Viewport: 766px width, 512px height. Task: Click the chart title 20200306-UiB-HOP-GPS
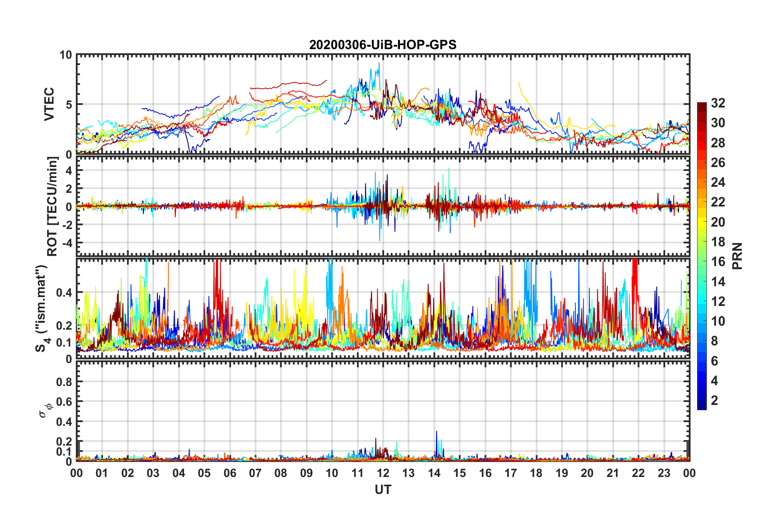tap(383, 45)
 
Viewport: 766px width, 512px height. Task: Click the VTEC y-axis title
tap(49, 104)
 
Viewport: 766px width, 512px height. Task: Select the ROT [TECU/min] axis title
tap(52, 206)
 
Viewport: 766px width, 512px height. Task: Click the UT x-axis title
tap(383, 489)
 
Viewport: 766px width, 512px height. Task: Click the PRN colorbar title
tap(737, 256)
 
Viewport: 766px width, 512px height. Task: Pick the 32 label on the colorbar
tap(718, 103)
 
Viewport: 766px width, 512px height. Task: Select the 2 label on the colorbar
tap(714, 401)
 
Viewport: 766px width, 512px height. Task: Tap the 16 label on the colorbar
tap(718, 262)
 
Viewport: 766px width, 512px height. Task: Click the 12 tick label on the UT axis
tap(383, 473)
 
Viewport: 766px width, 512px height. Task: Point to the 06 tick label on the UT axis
tap(230, 473)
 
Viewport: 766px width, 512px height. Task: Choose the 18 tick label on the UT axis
tap(536, 473)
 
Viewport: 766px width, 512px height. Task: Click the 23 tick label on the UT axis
tap(664, 473)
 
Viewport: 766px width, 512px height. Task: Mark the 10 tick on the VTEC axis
tap(66, 55)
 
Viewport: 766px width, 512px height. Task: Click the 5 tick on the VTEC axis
tap(69, 105)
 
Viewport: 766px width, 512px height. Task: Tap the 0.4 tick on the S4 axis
tap(64, 293)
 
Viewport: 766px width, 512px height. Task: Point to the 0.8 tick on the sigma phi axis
tap(64, 382)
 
